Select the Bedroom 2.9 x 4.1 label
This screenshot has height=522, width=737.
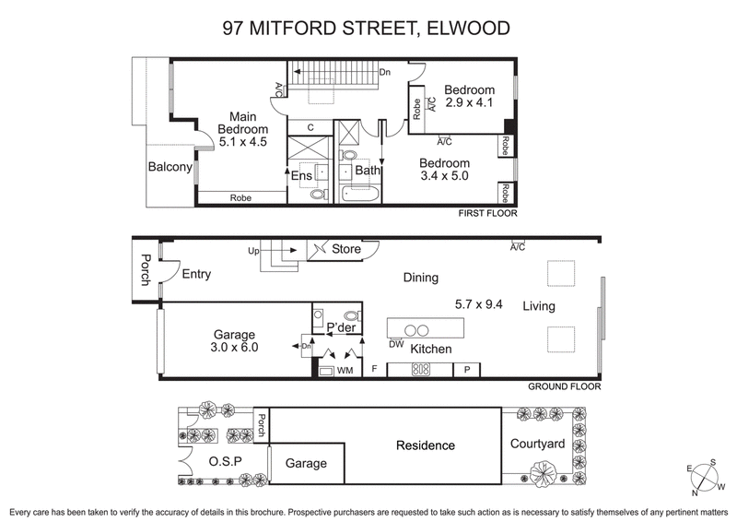(x=469, y=96)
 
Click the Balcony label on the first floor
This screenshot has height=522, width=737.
(x=170, y=167)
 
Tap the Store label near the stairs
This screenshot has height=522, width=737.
(x=346, y=248)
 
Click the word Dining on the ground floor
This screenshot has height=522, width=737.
(x=420, y=278)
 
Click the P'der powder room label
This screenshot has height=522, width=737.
(x=328, y=326)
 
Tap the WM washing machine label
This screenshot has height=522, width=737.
(x=345, y=371)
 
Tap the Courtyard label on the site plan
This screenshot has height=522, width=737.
(x=537, y=444)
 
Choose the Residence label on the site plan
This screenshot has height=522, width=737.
(x=425, y=445)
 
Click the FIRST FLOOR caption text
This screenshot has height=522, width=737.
(x=487, y=213)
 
